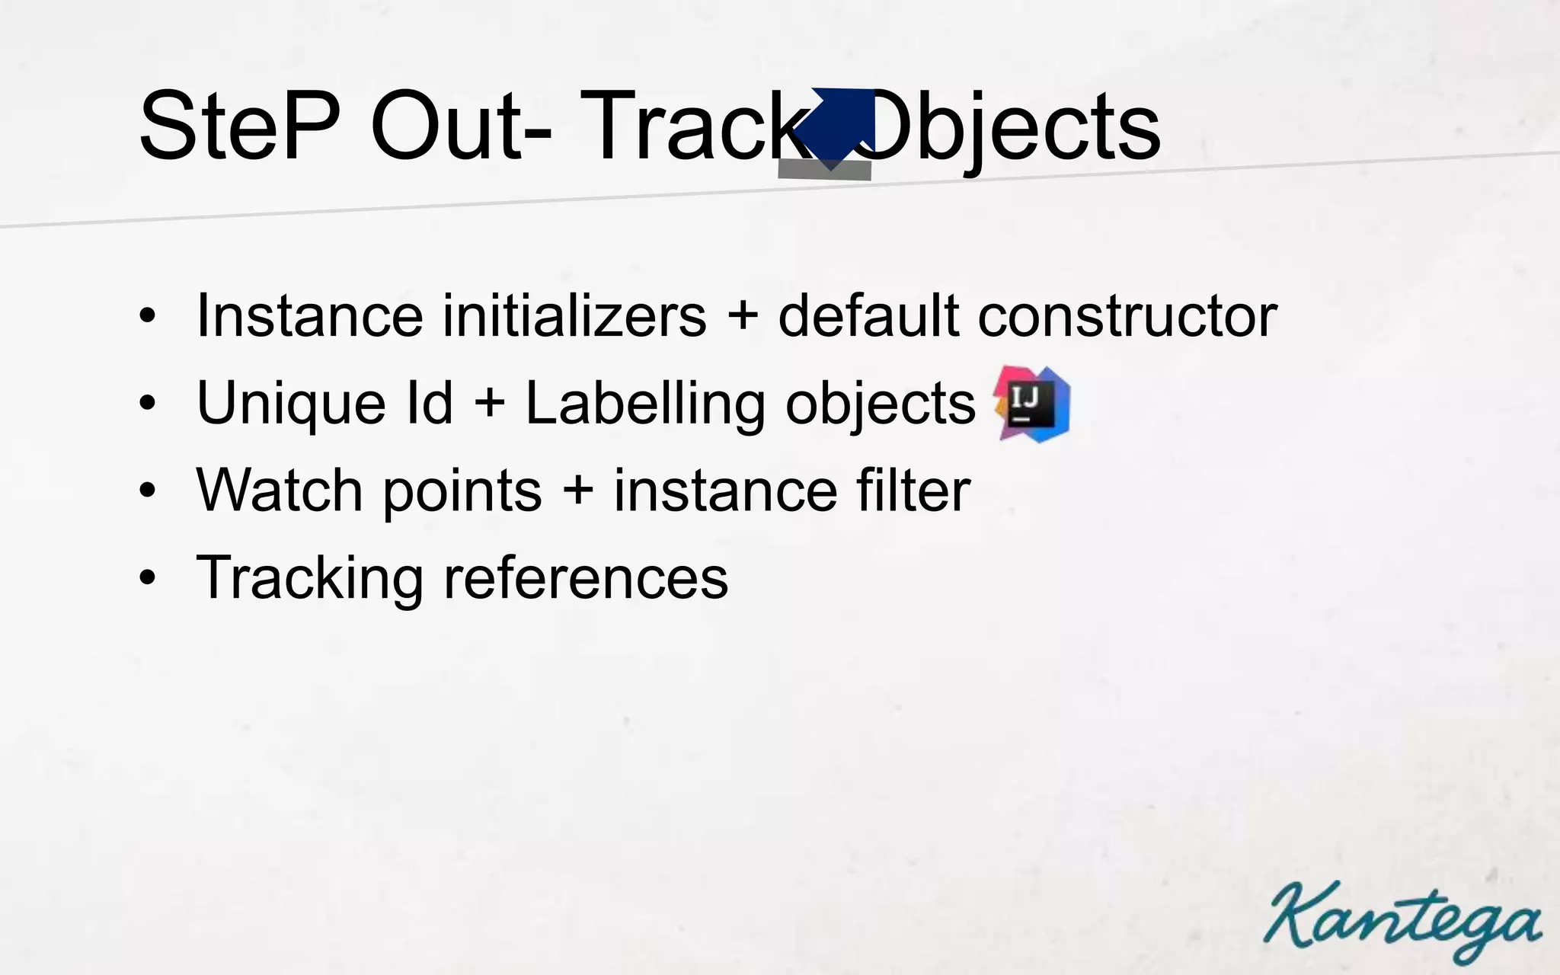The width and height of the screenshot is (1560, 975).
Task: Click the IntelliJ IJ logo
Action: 1032,404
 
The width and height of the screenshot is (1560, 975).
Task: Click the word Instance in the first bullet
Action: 309,315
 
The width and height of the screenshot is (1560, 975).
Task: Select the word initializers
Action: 574,315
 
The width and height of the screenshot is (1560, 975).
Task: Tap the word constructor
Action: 1127,315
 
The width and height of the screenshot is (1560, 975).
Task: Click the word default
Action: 868,315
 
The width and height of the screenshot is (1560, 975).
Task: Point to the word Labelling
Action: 645,404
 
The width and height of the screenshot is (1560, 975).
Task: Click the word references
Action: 586,577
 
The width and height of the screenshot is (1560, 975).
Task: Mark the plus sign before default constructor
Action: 742,317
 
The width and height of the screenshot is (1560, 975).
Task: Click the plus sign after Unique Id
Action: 490,404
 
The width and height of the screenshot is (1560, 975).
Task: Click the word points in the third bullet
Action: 462,491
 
